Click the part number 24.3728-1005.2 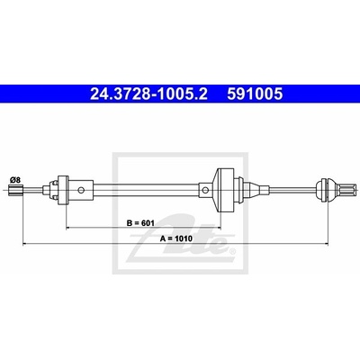coord(148,94)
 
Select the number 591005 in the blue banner coord(255,94)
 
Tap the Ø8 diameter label coord(15,180)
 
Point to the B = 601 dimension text coord(140,223)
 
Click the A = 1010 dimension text coord(175,238)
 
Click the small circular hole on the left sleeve coord(81,190)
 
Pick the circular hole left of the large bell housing coord(205,190)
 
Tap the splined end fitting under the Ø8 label coord(14,190)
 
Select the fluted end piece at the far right coord(344,190)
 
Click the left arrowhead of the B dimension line coord(67,228)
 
